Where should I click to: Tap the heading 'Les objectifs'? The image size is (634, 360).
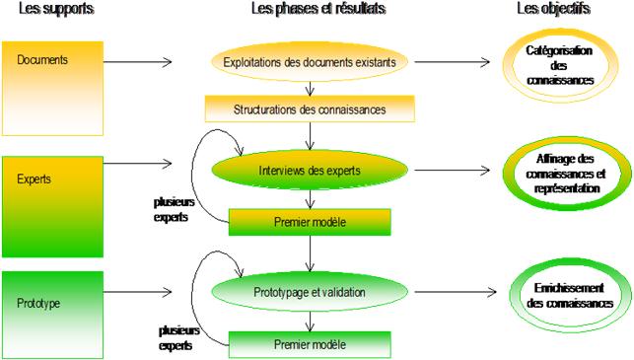(x=553, y=10)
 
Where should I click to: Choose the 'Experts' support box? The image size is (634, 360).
(x=51, y=205)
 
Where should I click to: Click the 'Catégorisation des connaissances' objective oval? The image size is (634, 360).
(x=559, y=65)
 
